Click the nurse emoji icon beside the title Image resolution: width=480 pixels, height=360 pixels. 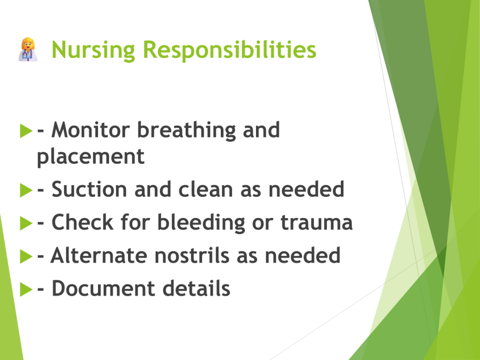pos(28,49)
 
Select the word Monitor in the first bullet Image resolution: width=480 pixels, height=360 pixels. pos(91,130)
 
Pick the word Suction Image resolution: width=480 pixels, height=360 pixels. pos(89,189)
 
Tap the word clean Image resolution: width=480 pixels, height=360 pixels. pos(206,189)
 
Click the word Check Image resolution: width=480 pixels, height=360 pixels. pos(82,222)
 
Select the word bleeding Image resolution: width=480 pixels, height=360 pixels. pos(201,223)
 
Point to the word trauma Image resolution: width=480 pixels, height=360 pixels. pos(316,223)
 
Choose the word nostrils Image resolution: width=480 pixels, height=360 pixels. pos(192,255)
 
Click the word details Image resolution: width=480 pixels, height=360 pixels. pos(196,288)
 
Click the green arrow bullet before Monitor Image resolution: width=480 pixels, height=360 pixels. pos(26,131)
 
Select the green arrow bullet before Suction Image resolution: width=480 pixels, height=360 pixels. pos(26,190)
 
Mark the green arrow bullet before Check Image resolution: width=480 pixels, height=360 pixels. pos(26,223)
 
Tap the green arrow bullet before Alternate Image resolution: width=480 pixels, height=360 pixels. pos(26,256)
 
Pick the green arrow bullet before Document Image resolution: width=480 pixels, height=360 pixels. pos(26,289)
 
